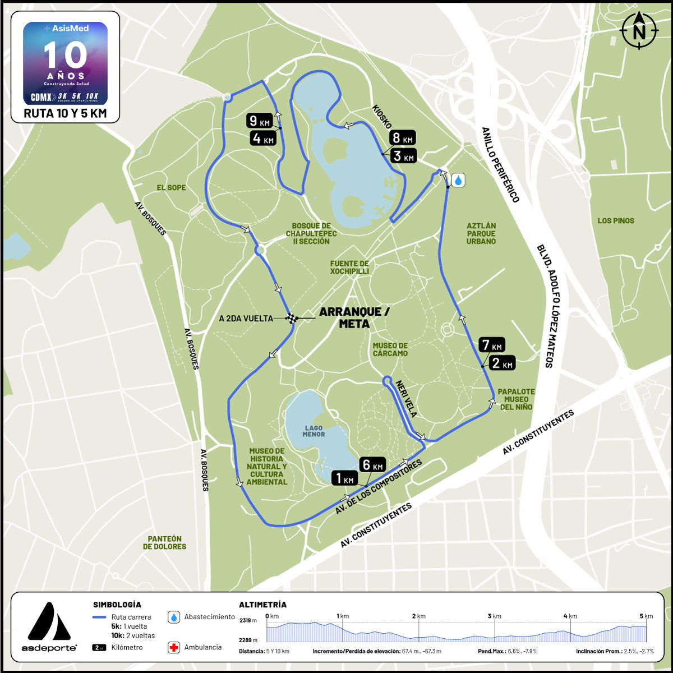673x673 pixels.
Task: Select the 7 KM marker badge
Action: point(492,345)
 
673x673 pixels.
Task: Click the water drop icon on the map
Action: point(458,180)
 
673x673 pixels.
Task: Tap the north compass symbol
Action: point(639,31)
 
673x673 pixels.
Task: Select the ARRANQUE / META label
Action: point(351,317)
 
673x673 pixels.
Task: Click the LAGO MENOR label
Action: point(314,431)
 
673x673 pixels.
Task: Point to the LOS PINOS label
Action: point(616,220)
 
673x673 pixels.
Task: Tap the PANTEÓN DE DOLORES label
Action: point(164,542)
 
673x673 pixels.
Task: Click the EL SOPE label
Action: point(171,187)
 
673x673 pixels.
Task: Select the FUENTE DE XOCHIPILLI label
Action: point(349,268)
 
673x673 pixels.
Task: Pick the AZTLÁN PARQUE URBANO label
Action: point(481,233)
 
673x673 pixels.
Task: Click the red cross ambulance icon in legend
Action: point(174,648)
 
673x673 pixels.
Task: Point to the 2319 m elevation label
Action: point(248,620)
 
